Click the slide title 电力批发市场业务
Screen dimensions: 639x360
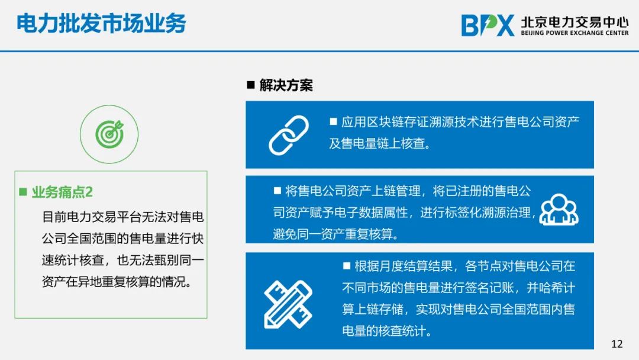pos(101,23)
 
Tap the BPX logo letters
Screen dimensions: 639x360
pos(488,25)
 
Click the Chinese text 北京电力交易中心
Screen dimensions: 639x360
pos(575,21)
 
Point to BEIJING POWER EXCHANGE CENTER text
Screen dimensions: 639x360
pos(575,33)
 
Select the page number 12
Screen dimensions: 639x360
pos(617,343)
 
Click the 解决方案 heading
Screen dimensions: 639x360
pos(286,85)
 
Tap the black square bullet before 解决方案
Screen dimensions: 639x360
pos(251,85)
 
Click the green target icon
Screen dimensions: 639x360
pos(109,134)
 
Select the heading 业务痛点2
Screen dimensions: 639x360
pos(62,192)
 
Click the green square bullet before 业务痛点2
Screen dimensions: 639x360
pos(23,192)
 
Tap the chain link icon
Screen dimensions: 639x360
pos(289,135)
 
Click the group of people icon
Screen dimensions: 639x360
pos(559,210)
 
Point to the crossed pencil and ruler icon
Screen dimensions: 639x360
pos(288,304)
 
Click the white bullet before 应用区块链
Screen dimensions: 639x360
pos(333,121)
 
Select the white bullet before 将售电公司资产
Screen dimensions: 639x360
pos(277,191)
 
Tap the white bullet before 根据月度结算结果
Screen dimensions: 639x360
pos(347,266)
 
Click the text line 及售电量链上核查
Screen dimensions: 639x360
pos(380,143)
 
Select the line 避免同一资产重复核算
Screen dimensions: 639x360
pos(336,234)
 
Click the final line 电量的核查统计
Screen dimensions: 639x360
pos(387,330)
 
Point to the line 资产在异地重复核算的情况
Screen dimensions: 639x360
pos(117,282)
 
